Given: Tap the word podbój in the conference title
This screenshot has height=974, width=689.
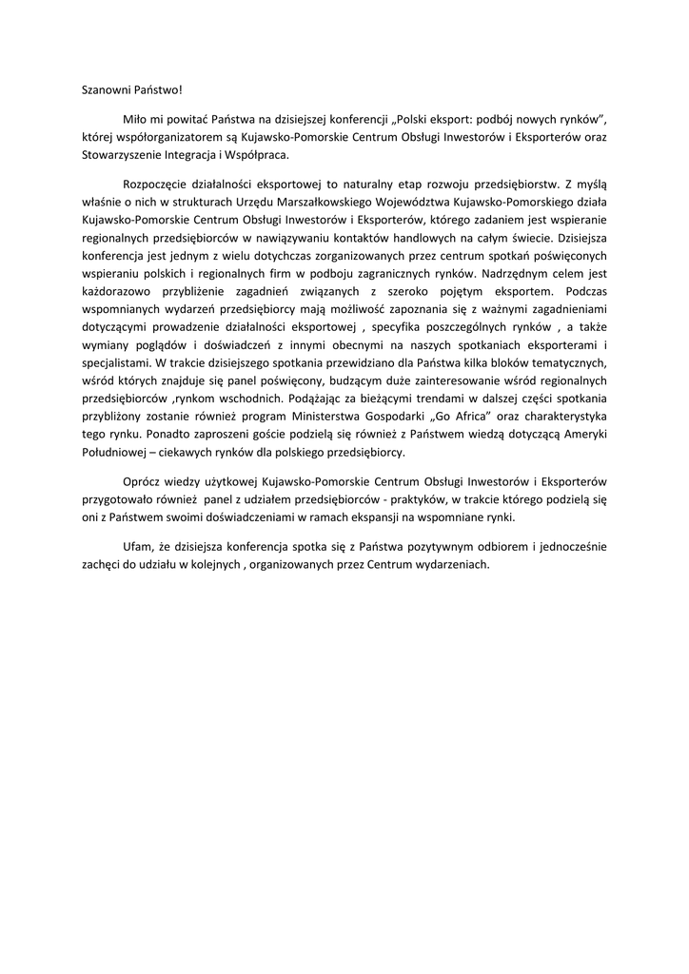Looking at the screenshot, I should click(x=501, y=120).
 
